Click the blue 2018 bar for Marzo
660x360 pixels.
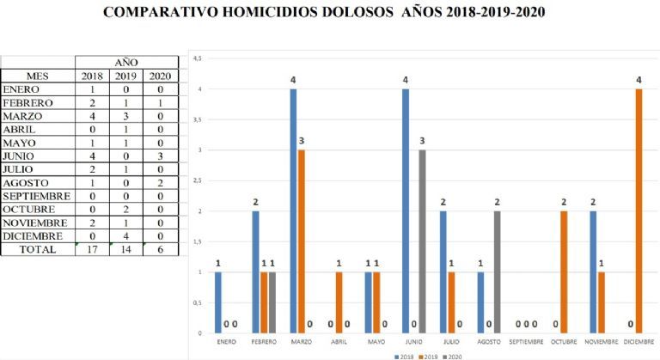pyautogui.click(x=293, y=211)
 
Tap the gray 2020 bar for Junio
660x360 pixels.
pyautogui.click(x=423, y=241)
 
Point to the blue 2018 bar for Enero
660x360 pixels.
pyautogui.click(x=217, y=302)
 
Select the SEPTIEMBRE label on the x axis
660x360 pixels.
pyautogui.click(x=526, y=341)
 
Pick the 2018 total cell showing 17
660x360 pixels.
pyautogui.click(x=92, y=249)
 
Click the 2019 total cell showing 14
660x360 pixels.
pyautogui.click(x=126, y=249)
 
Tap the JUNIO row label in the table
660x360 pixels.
pyautogui.click(x=19, y=156)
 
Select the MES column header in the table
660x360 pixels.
pyautogui.click(x=38, y=76)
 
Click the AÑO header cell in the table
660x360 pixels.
pyautogui.click(x=126, y=62)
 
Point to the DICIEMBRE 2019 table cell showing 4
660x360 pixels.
pyautogui.click(x=126, y=235)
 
